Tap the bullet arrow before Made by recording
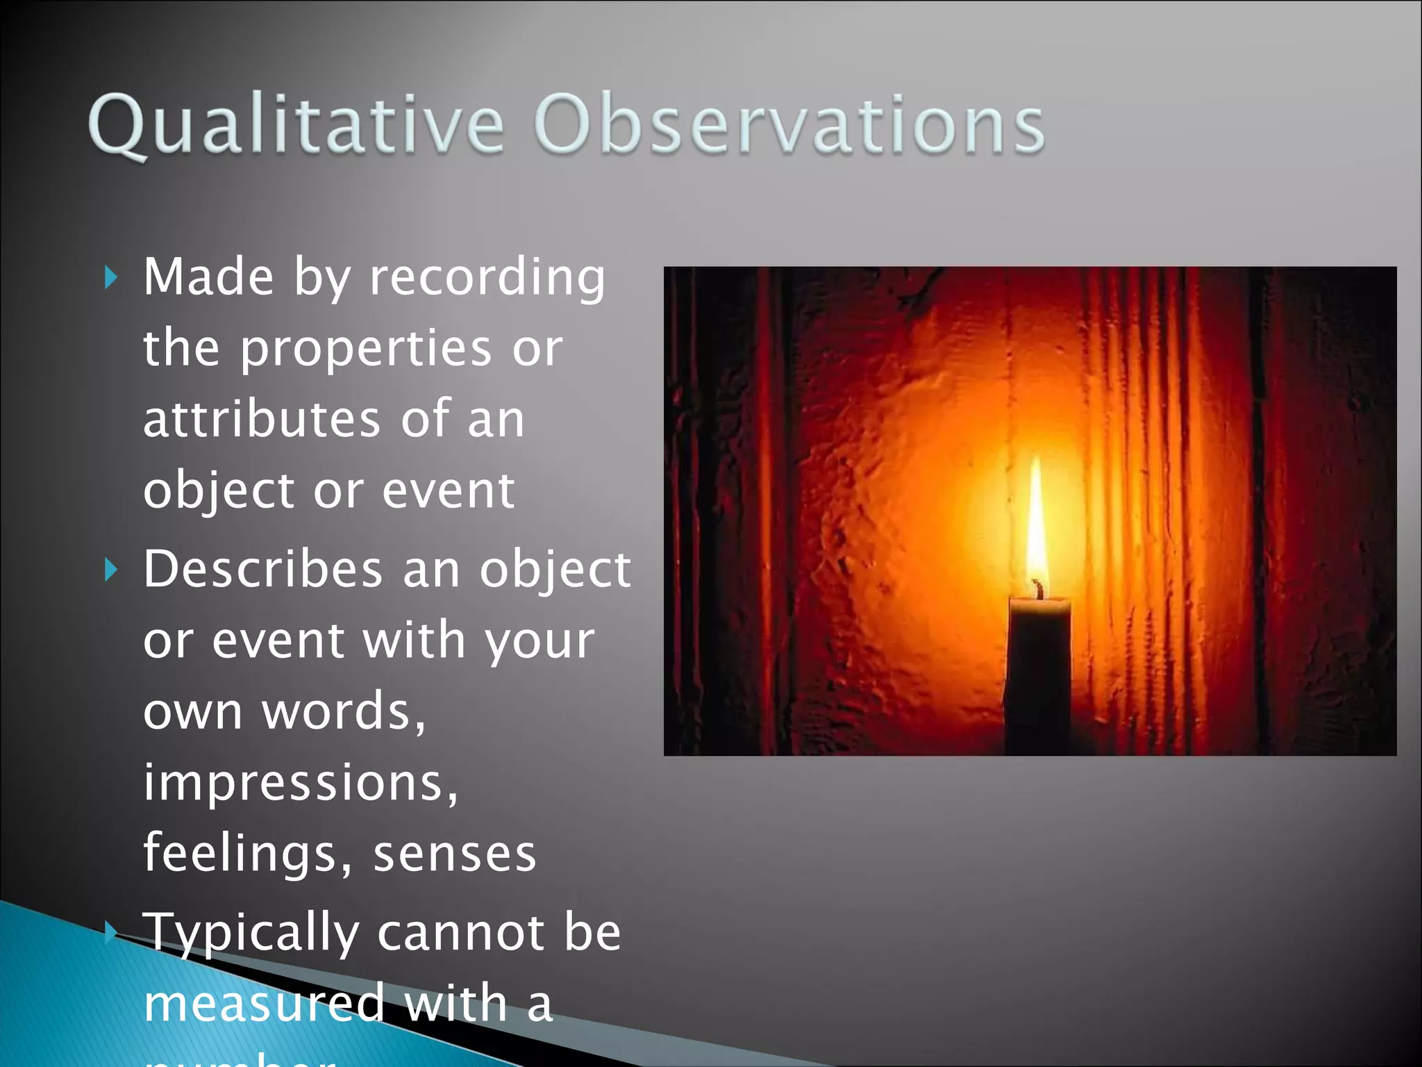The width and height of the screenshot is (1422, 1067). (x=111, y=278)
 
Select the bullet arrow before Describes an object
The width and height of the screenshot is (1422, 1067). (x=111, y=570)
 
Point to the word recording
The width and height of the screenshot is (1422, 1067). (x=487, y=278)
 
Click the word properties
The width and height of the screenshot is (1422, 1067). (x=365, y=349)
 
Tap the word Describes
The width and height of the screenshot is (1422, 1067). (x=262, y=570)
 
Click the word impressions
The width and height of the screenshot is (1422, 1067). (x=300, y=784)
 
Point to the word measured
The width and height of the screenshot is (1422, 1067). (x=264, y=1004)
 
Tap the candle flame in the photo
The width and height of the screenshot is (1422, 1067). (x=1037, y=521)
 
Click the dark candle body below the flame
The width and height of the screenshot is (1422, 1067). (x=1038, y=674)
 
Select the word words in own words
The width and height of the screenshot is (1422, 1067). (x=343, y=712)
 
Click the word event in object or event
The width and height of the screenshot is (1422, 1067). (x=448, y=491)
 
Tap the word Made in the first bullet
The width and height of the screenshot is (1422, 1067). (x=208, y=278)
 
